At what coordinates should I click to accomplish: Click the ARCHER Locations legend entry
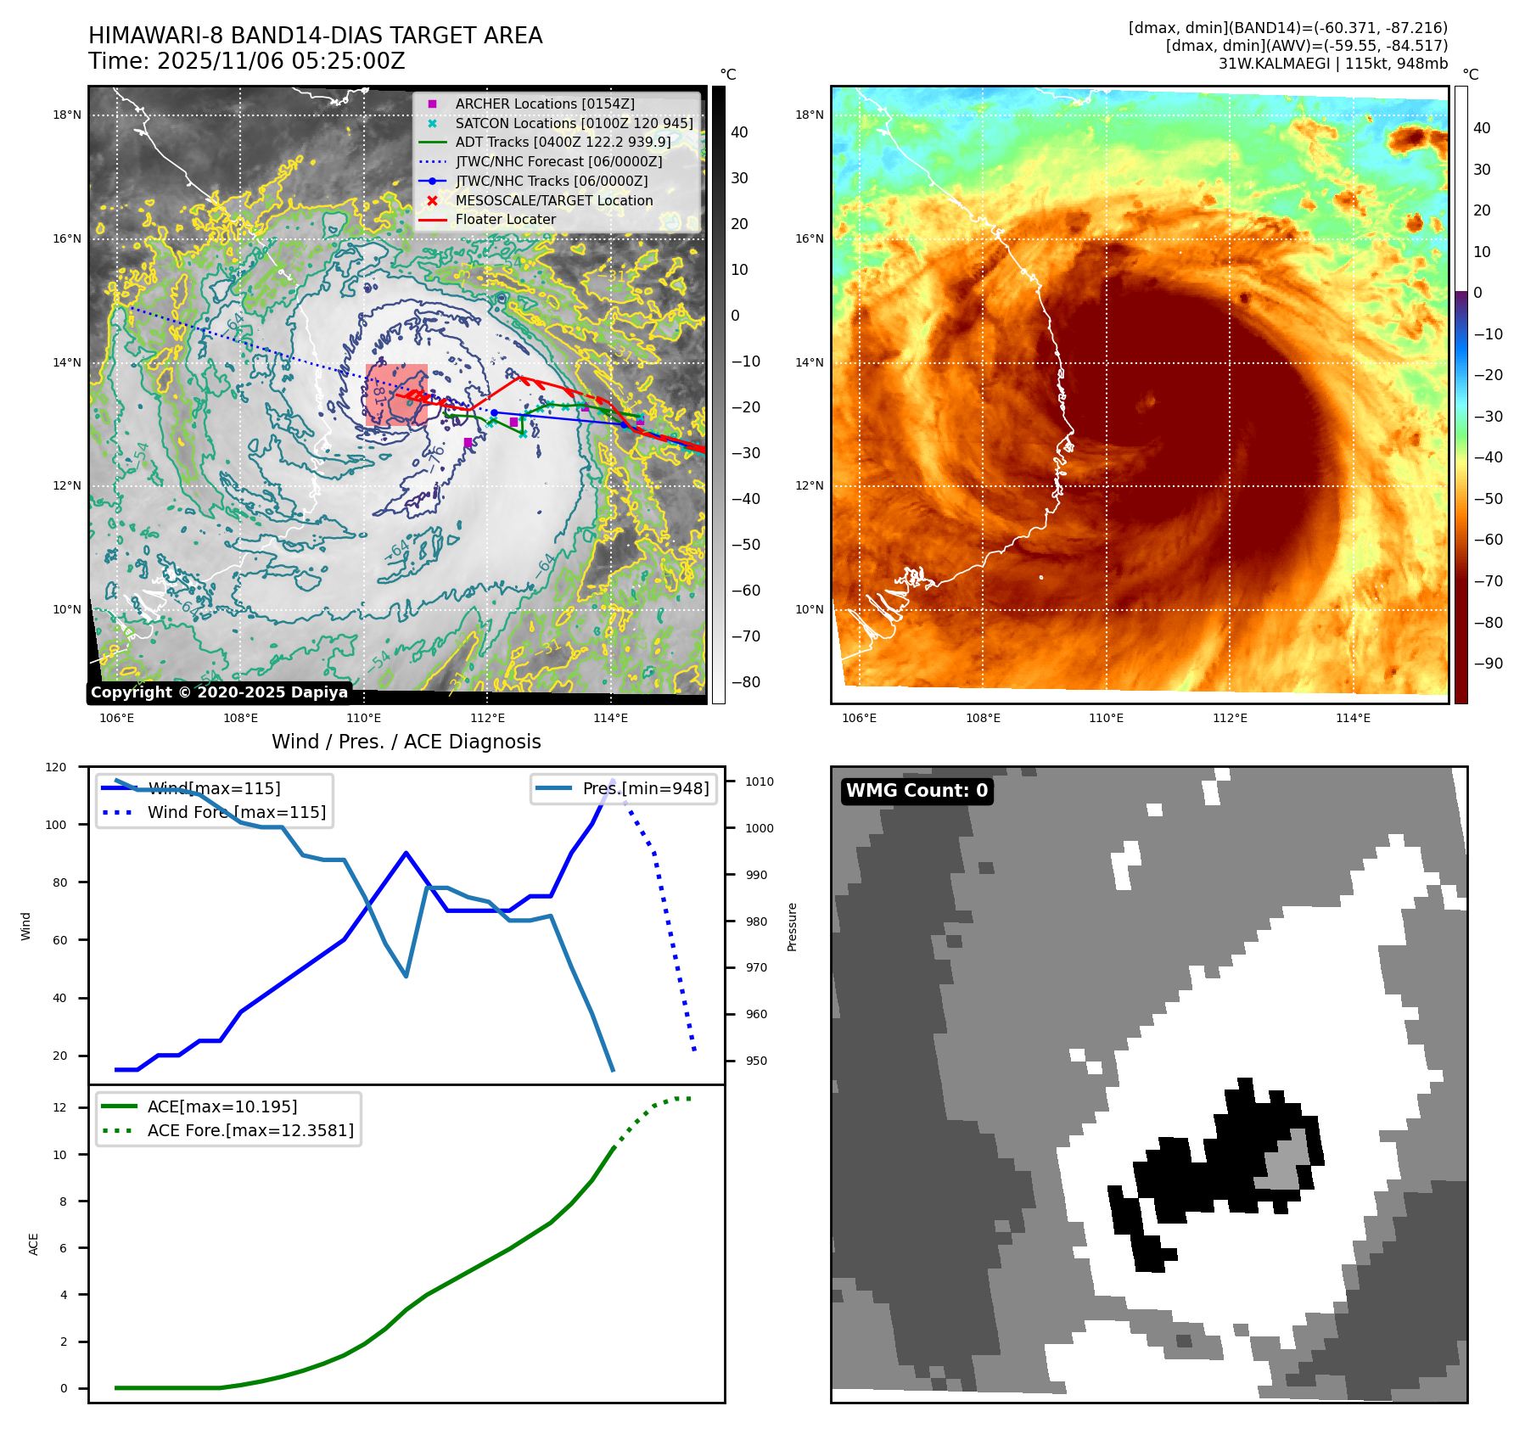(x=544, y=104)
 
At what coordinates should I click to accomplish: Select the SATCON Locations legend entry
(x=574, y=123)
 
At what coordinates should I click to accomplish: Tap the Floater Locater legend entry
(x=505, y=219)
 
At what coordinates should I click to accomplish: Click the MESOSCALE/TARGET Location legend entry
(x=553, y=200)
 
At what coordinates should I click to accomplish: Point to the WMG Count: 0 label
(x=917, y=791)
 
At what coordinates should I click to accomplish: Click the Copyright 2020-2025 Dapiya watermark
(x=219, y=692)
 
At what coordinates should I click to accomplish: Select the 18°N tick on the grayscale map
(x=67, y=115)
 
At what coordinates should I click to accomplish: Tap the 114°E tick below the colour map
(x=1353, y=718)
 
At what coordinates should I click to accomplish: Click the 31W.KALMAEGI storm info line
(x=1332, y=64)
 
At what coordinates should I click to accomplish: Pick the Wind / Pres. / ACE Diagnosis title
(x=406, y=742)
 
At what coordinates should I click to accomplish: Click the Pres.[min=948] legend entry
(x=645, y=788)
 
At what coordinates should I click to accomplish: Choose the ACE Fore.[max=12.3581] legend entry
(x=249, y=1130)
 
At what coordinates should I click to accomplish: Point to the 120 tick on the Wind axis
(x=56, y=767)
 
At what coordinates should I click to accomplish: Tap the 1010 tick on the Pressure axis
(x=760, y=781)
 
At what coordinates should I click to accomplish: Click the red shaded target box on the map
(x=396, y=395)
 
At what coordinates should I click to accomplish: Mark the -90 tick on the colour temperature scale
(x=1488, y=664)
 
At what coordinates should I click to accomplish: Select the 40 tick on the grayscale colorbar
(x=739, y=132)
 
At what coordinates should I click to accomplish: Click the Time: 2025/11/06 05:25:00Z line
(x=247, y=61)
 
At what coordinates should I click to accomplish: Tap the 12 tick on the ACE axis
(x=59, y=1107)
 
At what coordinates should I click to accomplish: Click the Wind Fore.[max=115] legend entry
(x=236, y=812)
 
